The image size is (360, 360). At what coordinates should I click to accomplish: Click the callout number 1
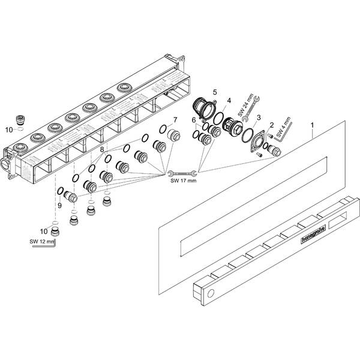tap(313, 126)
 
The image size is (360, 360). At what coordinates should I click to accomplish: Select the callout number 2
tap(271, 125)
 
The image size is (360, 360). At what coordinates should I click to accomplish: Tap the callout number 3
tap(258, 118)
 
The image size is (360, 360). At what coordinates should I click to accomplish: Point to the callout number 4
tap(229, 100)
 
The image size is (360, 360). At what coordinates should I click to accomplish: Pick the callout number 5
tap(215, 92)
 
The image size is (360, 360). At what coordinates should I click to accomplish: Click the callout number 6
tap(193, 120)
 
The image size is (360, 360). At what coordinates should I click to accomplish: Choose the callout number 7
tap(175, 119)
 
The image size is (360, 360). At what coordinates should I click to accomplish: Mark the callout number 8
tap(103, 149)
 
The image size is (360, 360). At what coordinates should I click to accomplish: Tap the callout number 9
tap(59, 206)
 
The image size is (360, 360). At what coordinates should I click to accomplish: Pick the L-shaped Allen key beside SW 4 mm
tap(288, 128)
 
